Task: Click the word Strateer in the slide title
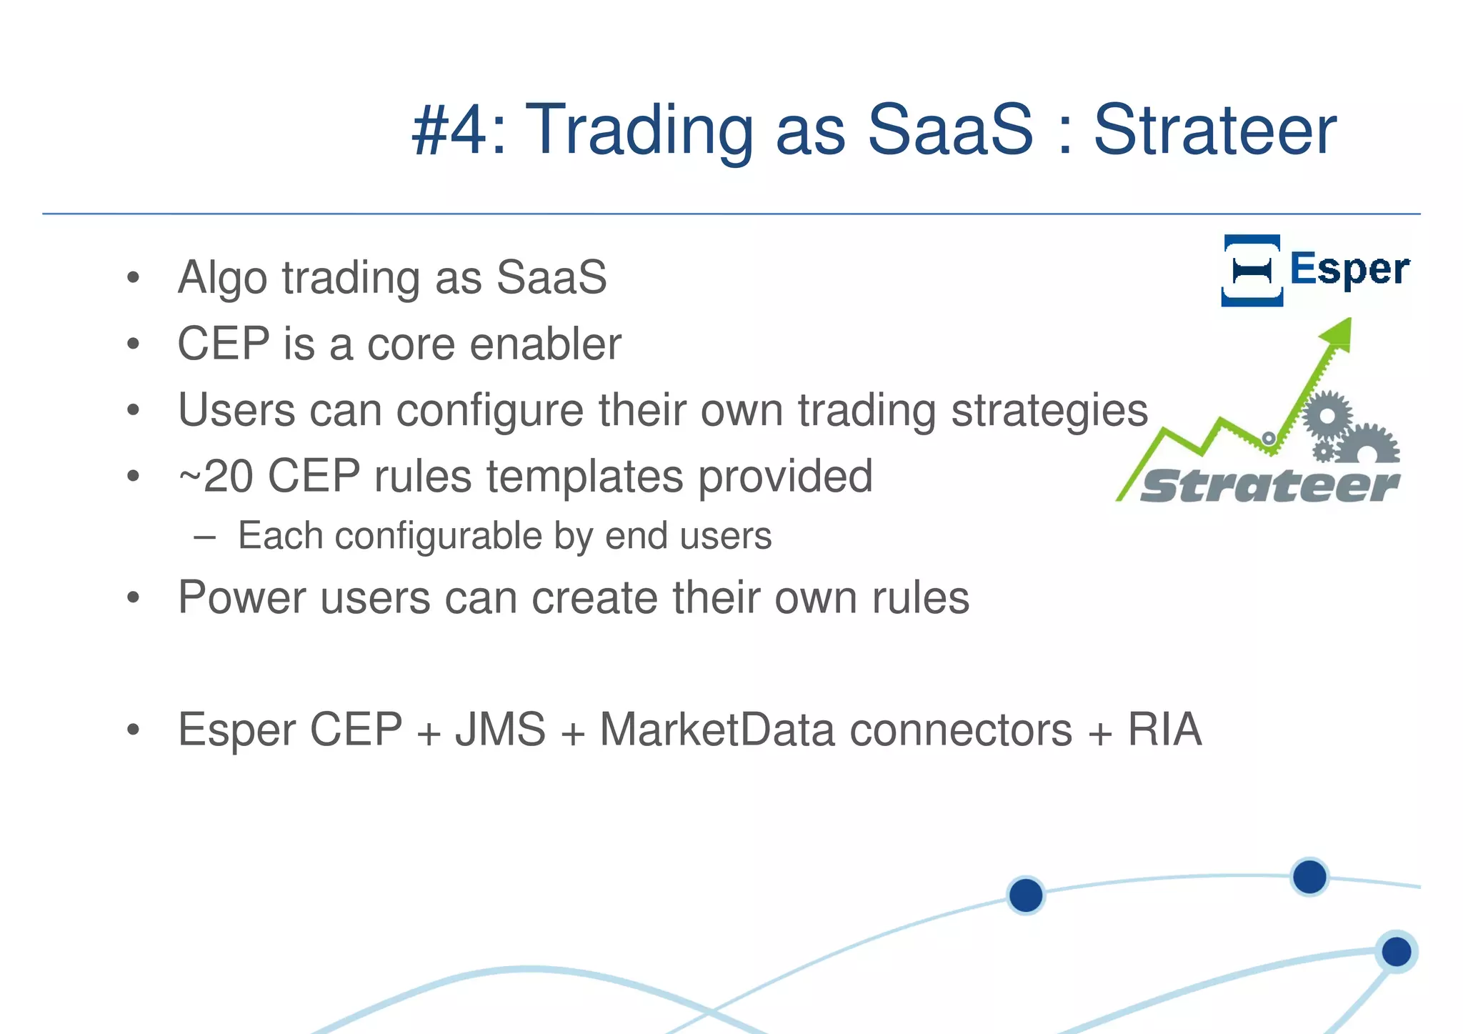[1214, 130]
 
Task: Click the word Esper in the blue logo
[1349, 269]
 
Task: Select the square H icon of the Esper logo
[1252, 270]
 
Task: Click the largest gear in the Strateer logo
[1327, 416]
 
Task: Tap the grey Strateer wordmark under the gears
[1269, 487]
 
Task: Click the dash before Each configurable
[204, 537]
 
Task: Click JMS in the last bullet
[500, 730]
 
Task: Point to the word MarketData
[716, 730]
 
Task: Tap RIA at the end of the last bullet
[1164, 730]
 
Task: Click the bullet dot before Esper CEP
[133, 730]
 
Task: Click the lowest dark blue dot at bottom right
[1396, 952]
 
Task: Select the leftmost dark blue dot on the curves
[1026, 895]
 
